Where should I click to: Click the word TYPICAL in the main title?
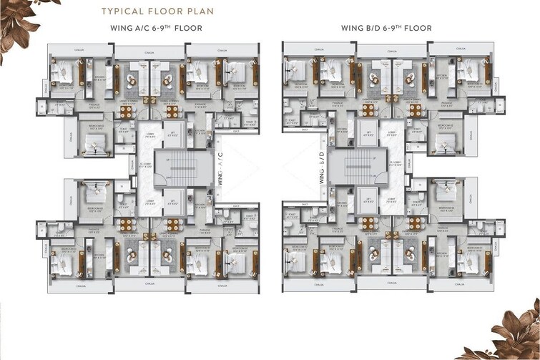coord(123,12)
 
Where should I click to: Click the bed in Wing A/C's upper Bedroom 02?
coord(94,142)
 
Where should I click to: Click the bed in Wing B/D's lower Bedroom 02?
coord(447,194)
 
